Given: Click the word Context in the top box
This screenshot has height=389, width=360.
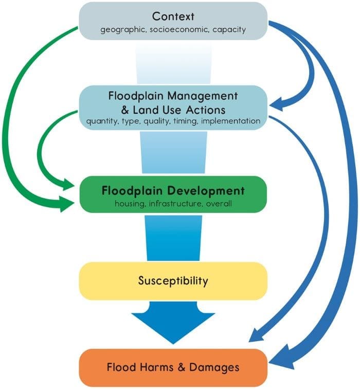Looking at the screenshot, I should click(173, 15).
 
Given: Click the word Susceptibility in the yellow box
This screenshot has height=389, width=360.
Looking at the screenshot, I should click(173, 281).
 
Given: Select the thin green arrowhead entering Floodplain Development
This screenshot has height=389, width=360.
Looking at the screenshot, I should click(71, 183).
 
